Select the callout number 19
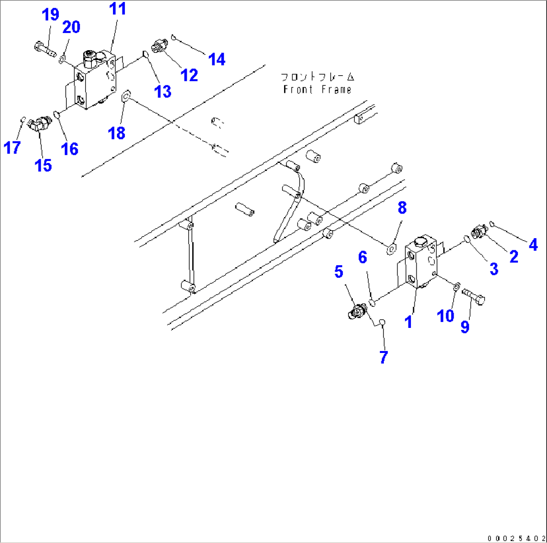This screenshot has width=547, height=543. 50,16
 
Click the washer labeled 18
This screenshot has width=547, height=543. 125,94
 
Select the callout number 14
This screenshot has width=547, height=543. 217,59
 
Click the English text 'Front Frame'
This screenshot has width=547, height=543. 317,90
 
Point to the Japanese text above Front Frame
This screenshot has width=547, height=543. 317,77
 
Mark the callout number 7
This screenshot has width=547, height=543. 384,357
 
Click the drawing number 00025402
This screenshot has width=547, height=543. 515,537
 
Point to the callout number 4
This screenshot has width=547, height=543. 532,245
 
